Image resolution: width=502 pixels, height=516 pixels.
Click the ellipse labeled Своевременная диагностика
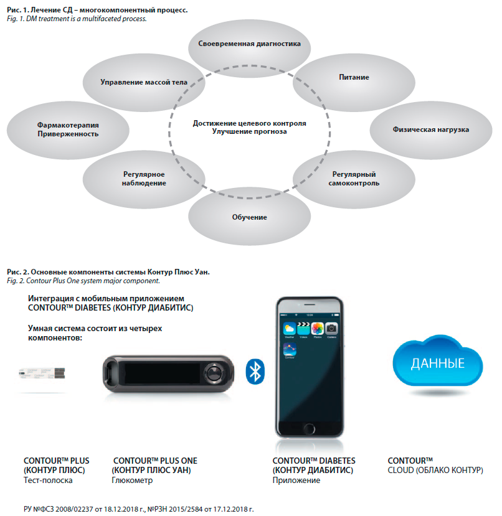pyautogui.click(x=249, y=45)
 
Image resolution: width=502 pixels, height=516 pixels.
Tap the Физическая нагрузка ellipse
pyautogui.click(x=430, y=129)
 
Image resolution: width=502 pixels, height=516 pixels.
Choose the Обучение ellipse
pyautogui.click(x=249, y=217)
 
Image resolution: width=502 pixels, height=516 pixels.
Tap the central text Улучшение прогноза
pyautogui.click(x=249, y=132)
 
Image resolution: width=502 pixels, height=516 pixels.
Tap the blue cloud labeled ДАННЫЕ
pyautogui.click(x=437, y=364)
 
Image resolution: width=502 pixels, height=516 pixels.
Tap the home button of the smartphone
pyautogui.click(x=309, y=428)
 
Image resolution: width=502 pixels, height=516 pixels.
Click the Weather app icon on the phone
pyautogui.click(x=289, y=328)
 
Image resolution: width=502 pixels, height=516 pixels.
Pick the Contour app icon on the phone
pyautogui.click(x=289, y=350)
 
